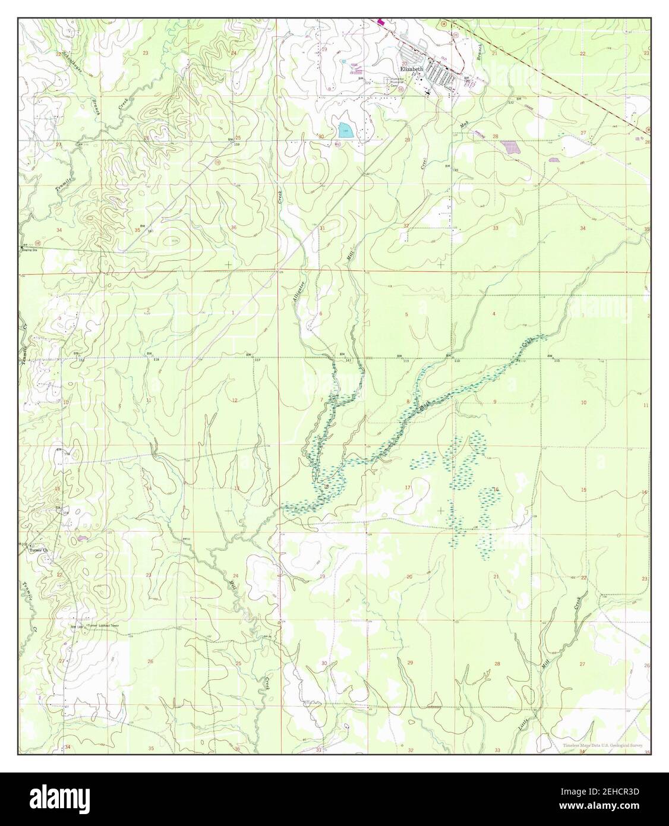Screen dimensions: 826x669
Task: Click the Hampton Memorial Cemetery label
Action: pos(397,82)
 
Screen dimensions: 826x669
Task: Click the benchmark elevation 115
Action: pos(557,361)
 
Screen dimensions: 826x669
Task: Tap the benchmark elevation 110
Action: pos(457,361)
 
